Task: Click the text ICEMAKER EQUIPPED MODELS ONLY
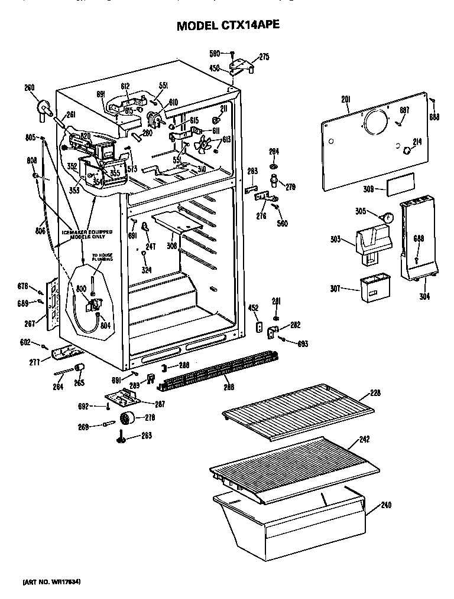click(87, 234)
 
